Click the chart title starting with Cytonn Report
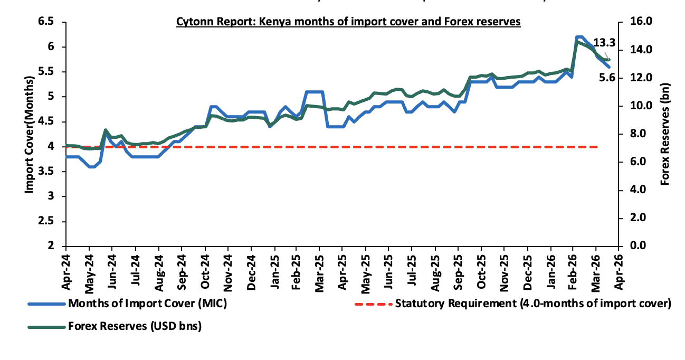click(x=348, y=22)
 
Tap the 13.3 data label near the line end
click(x=604, y=43)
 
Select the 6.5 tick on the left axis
click(x=46, y=22)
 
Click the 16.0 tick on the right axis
click(x=639, y=22)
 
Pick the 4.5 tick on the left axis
click(x=46, y=122)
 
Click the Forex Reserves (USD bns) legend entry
click(x=135, y=327)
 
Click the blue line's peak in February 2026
click(x=579, y=37)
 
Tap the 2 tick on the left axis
click(x=52, y=246)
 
